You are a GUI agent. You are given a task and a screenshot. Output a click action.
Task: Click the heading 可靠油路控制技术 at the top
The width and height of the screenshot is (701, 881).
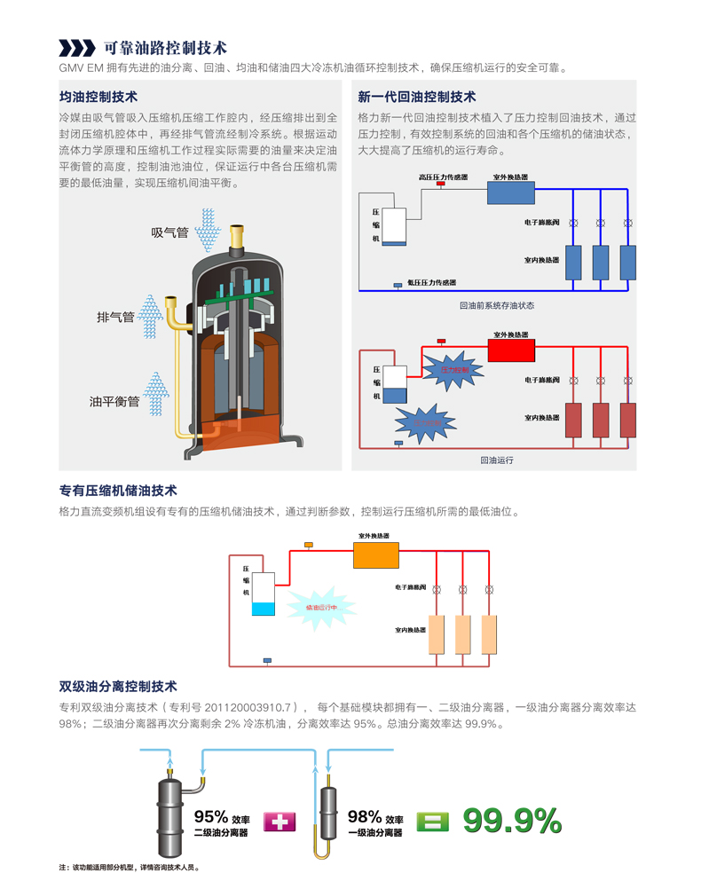point(165,47)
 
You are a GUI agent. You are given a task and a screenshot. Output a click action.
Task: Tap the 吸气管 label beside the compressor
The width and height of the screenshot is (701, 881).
point(169,232)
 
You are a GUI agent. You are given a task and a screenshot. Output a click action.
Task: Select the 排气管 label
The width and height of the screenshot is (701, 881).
point(115,317)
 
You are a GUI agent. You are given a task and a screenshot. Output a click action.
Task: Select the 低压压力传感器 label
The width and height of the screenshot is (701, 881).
point(431,282)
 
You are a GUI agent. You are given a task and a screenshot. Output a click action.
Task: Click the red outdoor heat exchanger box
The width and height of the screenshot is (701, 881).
point(512,348)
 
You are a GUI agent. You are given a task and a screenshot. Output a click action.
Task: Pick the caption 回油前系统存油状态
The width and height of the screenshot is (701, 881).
point(497,305)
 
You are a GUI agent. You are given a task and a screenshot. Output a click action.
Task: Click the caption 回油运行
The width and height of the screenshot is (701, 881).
point(497,460)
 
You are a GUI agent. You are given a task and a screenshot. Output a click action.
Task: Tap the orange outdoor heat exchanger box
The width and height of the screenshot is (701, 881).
point(376,555)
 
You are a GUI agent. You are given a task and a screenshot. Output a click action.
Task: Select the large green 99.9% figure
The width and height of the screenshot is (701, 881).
point(512,821)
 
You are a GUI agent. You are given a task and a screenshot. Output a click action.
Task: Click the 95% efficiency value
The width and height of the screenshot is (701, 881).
point(212,816)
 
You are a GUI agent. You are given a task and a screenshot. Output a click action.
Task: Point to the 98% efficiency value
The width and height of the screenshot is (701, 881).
point(366,816)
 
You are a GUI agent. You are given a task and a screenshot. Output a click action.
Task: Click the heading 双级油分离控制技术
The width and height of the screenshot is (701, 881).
point(118,686)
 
